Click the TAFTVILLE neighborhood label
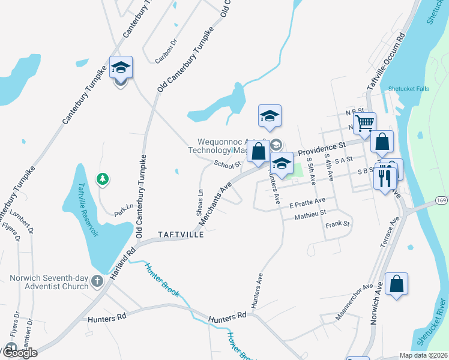point(181,233)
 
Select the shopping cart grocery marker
point(364,124)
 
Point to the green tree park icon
point(103,178)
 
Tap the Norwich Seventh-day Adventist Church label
point(49,282)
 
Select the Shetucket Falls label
point(409,89)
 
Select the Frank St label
point(337,224)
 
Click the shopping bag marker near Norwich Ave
point(397,284)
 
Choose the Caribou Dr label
point(166,52)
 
